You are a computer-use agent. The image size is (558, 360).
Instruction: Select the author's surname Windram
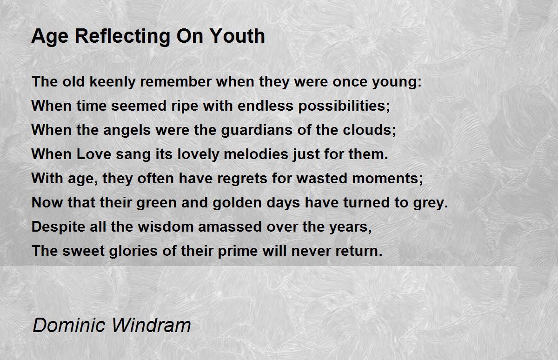coord(151,325)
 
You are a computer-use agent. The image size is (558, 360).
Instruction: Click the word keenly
coord(113,82)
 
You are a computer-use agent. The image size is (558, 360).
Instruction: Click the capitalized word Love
coord(93,154)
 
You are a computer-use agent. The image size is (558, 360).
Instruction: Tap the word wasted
coord(322,179)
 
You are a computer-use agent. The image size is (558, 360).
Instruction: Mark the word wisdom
coord(166,227)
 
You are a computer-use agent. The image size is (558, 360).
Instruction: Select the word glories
coord(133,251)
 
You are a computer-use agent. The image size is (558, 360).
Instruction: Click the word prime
coord(238,251)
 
